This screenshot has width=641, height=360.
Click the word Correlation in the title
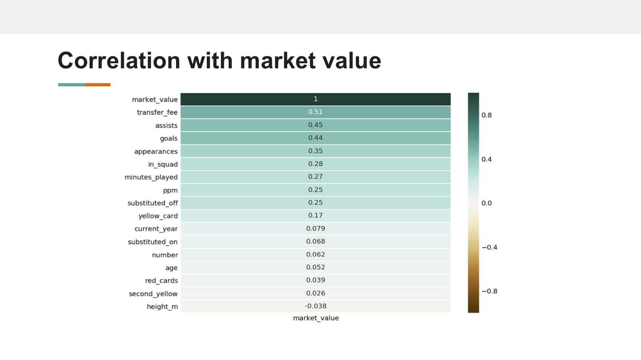pyautogui.click(x=119, y=61)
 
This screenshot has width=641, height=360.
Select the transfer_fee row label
pyautogui.click(x=157, y=112)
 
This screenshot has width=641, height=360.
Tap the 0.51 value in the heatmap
pyautogui.click(x=315, y=112)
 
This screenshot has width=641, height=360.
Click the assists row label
pyautogui.click(x=166, y=126)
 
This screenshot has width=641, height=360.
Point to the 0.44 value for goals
pyautogui.click(x=315, y=138)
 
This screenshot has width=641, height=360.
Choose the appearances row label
pyautogui.click(x=156, y=152)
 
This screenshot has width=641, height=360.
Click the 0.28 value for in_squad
pyautogui.click(x=315, y=164)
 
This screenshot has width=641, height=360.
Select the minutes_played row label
pyautogui.click(x=151, y=177)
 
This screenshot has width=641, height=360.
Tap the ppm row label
pyautogui.click(x=170, y=190)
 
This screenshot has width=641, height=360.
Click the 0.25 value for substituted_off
pyautogui.click(x=315, y=202)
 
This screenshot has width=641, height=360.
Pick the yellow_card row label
pyautogui.click(x=158, y=216)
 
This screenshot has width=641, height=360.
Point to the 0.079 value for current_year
pyautogui.click(x=315, y=228)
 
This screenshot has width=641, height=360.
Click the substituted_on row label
pyautogui.click(x=153, y=242)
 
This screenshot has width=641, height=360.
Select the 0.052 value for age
pyautogui.click(x=315, y=267)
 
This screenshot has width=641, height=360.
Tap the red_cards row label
pyautogui.click(x=162, y=281)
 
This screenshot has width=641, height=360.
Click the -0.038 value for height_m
pyautogui.click(x=315, y=306)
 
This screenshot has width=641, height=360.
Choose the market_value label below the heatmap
pyautogui.click(x=316, y=318)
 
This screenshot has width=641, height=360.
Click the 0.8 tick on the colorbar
pyautogui.click(x=486, y=115)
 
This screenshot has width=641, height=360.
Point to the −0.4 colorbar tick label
pyautogui.click(x=489, y=247)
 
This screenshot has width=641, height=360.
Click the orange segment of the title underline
pyautogui.click(x=97, y=85)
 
